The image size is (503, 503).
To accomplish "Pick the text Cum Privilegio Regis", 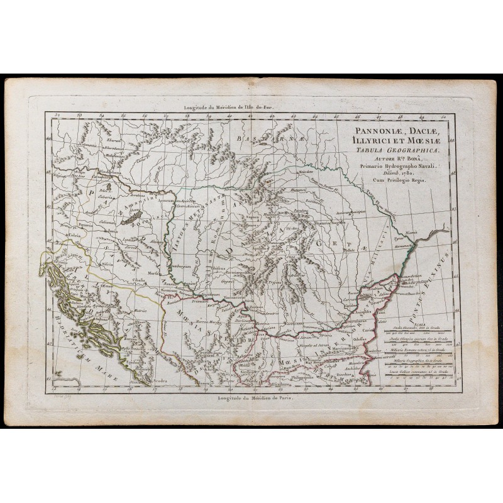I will point(397,180).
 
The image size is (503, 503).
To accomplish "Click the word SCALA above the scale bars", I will point(389,325).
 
